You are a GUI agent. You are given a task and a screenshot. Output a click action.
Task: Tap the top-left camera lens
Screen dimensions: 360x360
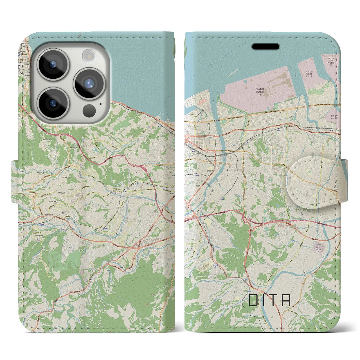pyautogui.click(x=53, y=64)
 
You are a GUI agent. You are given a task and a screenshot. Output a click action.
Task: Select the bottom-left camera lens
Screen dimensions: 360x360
pyautogui.click(x=53, y=103)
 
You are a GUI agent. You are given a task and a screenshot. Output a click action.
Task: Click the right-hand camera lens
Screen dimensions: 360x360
pyautogui.click(x=89, y=83)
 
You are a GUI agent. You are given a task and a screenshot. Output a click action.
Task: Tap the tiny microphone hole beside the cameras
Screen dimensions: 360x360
pyautogui.click(x=100, y=104)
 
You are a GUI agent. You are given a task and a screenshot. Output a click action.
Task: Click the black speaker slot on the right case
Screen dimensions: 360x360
pyautogui.click(x=265, y=46)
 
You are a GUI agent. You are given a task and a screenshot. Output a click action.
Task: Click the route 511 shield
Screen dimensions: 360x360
pyautogui.click(x=192, y=115)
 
